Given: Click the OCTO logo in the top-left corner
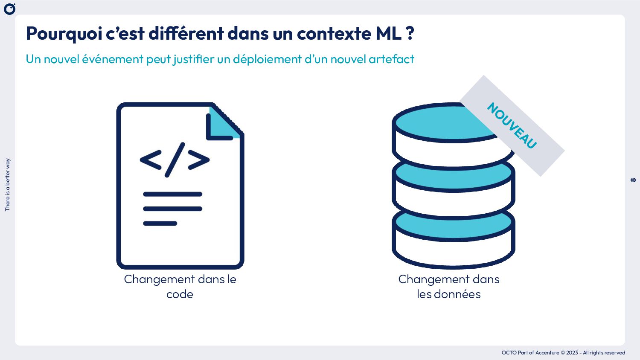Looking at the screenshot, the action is point(9,9).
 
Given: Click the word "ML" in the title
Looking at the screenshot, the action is point(388,33).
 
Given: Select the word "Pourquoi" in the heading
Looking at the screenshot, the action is point(64,34).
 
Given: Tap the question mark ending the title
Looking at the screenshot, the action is point(410,33).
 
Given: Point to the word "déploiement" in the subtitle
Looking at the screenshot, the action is point(267,59).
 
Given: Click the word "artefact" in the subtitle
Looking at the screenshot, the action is point(391,59).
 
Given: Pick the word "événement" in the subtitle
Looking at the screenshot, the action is point(112,59).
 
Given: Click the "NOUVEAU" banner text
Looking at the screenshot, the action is point(512,125).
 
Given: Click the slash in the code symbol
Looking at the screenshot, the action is point(175,160).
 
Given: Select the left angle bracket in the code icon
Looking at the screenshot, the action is point(151,160).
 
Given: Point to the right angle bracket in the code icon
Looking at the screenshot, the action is point(199,160).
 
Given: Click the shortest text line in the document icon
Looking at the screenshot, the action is point(160,224).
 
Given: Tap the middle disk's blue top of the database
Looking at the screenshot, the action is point(453,175).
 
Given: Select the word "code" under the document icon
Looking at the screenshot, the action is point(180,294).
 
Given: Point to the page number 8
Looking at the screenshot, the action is point(633,180).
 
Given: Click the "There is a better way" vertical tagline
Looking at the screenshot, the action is point(7,185).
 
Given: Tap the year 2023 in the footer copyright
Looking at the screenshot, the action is point(572,353).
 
